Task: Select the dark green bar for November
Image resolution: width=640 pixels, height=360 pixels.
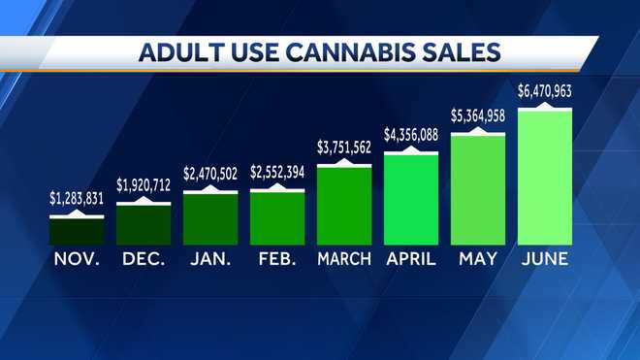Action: tap(77, 230)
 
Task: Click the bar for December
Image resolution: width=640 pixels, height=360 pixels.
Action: tap(144, 224)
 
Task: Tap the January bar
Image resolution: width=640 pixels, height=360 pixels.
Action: tap(210, 217)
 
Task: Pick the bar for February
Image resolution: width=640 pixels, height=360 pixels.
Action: tap(277, 217)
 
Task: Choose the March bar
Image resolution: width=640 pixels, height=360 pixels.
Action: tap(344, 206)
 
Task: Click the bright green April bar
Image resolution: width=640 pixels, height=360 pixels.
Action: tap(411, 198)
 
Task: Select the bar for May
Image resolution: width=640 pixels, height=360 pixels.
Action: tap(478, 189)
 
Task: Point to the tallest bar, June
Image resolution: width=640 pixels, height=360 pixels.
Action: tap(545, 177)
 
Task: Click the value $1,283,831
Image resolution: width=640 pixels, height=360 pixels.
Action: tap(77, 197)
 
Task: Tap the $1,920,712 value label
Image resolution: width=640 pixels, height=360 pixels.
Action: tap(144, 184)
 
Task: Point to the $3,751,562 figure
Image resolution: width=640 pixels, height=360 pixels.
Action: tap(344, 147)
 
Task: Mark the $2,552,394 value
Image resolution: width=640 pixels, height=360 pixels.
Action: tap(277, 172)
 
